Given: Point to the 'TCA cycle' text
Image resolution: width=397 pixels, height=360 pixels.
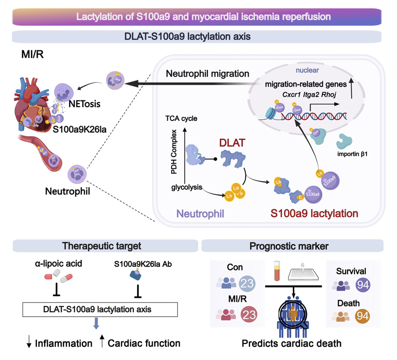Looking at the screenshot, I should pos(181,119).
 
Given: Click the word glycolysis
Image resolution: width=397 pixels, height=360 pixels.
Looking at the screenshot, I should pos(187,187).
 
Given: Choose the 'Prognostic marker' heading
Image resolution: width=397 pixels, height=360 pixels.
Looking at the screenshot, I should pos(292,246).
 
